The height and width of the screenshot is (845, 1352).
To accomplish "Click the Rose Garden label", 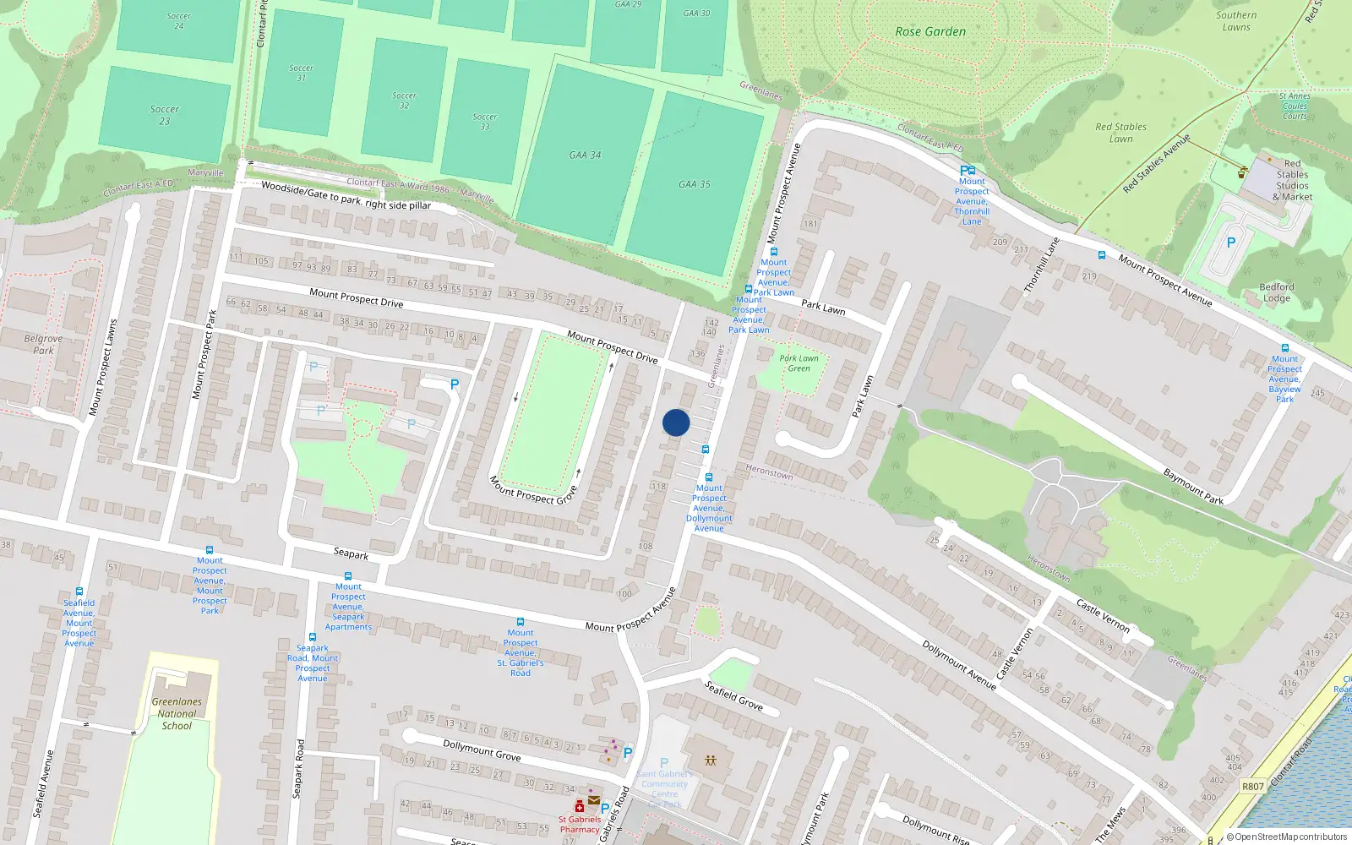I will (929, 32).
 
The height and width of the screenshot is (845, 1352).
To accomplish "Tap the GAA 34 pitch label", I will (585, 155).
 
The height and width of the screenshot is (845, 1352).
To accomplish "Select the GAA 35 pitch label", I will (694, 184).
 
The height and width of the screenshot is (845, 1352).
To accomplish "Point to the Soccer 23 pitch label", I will (164, 115).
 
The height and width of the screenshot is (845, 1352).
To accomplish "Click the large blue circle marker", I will (676, 422).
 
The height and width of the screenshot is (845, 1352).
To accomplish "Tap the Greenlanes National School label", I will (177, 713).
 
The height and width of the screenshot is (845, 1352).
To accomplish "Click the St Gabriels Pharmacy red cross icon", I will (580, 806).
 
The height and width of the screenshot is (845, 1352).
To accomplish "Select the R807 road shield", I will (1252, 787).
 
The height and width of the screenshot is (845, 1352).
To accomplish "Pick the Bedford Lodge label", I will (1276, 292).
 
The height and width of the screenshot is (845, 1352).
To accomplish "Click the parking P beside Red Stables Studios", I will (1230, 243).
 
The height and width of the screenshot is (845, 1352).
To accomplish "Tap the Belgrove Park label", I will (43, 344).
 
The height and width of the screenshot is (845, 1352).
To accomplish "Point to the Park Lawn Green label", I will (799, 363).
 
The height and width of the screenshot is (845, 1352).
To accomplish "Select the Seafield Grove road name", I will (733, 695).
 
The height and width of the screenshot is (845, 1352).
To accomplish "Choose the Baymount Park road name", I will (1193, 487).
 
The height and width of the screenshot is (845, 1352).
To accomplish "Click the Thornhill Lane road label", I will (1041, 265).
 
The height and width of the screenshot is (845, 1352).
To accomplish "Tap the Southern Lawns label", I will (1236, 21).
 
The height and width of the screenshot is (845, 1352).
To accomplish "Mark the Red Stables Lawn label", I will (1120, 133).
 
